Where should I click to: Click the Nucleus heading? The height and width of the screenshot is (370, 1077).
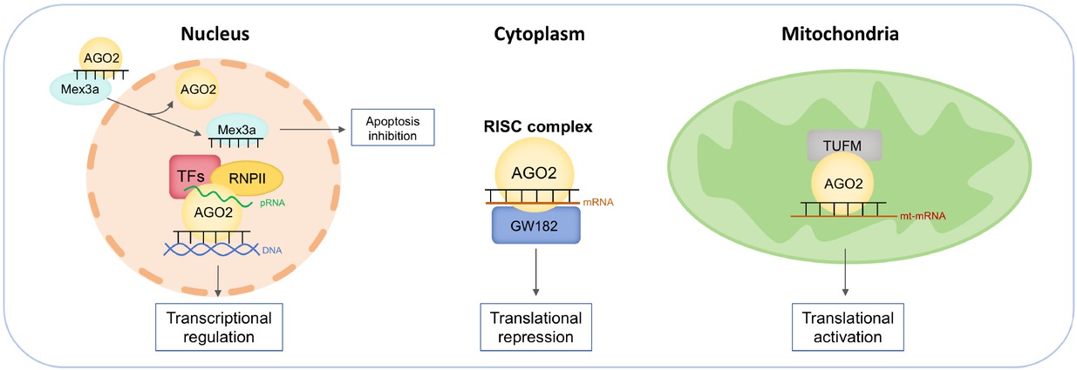pos(215,35)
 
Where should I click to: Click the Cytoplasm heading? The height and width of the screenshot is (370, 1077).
pos(538,35)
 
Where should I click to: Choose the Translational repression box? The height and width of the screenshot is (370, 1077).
pos(535,325)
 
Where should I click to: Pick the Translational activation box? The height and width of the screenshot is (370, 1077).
pos(844,325)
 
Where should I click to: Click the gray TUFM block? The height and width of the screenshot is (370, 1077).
pos(845,145)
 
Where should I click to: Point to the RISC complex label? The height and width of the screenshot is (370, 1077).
pos(538,127)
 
